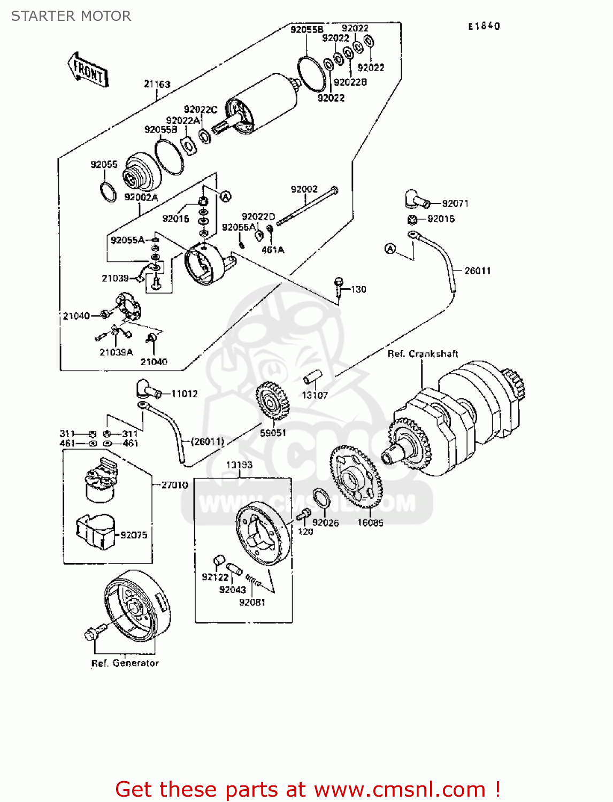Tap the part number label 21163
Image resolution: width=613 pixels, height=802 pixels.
157,84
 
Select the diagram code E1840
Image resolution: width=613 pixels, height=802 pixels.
484,26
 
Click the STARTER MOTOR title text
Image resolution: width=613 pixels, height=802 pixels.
71,16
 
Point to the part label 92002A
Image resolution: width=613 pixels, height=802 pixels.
141,197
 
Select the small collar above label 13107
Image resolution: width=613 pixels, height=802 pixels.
312,376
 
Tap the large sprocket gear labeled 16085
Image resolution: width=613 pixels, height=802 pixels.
354,476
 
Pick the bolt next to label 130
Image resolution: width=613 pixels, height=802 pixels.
338,287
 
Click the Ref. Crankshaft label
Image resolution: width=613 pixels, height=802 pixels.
423,353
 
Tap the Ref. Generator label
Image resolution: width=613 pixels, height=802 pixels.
125,663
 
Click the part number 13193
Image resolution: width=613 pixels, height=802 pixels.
239,465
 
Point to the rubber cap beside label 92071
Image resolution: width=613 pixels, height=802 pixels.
416,200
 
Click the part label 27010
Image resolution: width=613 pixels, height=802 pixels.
174,484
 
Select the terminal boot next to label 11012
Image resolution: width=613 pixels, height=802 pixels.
148,389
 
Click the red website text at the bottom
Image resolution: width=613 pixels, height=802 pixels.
308,789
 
